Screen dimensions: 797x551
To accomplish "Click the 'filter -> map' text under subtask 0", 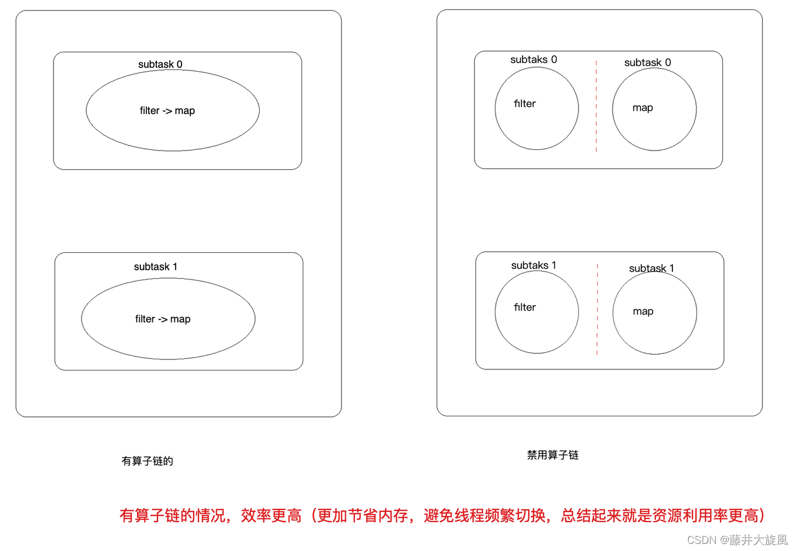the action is click(167, 111).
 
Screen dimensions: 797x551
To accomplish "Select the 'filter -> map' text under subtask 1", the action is click(163, 319).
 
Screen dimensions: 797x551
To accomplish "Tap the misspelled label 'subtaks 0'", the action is click(533, 59).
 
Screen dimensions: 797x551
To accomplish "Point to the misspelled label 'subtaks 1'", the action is click(533, 265).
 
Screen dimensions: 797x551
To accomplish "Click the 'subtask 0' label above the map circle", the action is click(647, 62).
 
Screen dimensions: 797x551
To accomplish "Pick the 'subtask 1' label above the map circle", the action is click(651, 268).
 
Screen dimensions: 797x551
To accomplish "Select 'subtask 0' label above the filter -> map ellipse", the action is click(160, 64).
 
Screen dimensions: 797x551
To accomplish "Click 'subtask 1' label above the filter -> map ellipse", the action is click(155, 266).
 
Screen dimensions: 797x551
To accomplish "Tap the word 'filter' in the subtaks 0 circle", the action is click(524, 103).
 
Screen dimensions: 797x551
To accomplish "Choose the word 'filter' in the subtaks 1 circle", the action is click(524, 307).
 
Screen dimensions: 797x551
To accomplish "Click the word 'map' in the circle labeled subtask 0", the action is click(642, 108).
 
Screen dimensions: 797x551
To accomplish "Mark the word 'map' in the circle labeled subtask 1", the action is click(642, 311).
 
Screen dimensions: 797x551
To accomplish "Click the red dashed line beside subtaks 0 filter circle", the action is click(596, 106).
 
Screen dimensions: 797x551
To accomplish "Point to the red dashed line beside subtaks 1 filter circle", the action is click(597, 309).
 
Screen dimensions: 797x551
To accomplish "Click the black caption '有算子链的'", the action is click(147, 461).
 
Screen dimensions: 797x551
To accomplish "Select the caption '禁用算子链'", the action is click(552, 455).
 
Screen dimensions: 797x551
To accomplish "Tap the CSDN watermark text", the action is click(737, 540).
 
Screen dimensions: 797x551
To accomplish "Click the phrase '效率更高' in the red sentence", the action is click(271, 516).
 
